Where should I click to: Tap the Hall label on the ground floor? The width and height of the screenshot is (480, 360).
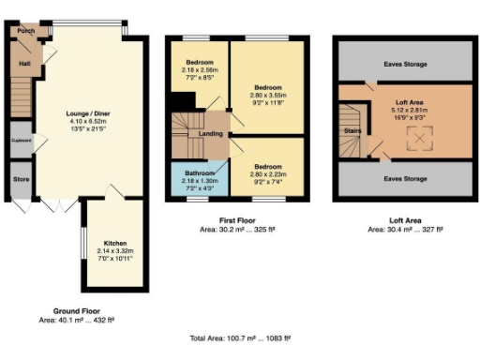(x=22, y=64)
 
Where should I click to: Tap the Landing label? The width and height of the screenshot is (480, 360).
(x=210, y=134)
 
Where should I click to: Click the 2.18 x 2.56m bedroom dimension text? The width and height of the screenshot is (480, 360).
(x=199, y=69)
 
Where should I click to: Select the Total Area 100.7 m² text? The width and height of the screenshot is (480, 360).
(x=240, y=337)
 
